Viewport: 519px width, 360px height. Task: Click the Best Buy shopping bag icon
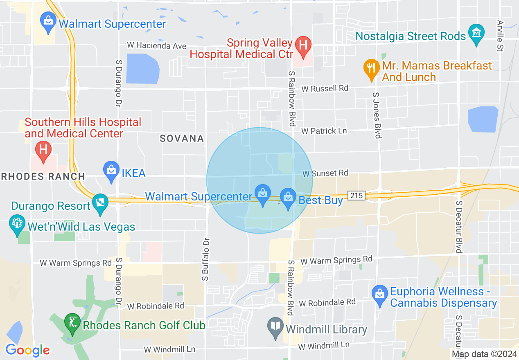[288, 198]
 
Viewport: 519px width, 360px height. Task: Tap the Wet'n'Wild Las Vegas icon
[17, 224]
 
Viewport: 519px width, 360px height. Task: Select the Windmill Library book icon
[275, 327]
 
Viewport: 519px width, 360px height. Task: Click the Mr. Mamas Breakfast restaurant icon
[371, 68]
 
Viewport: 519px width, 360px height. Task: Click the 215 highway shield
[357, 196]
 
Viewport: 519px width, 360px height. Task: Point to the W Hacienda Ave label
[156, 46]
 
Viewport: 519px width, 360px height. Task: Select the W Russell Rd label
[325, 88]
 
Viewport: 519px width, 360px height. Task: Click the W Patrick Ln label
[324, 131]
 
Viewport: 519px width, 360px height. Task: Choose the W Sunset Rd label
[325, 173]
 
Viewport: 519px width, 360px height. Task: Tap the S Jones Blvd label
[377, 115]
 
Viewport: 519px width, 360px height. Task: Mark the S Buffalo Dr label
[206, 259]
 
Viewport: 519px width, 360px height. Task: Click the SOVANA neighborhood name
[182, 139]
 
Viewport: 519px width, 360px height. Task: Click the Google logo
[27, 350]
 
